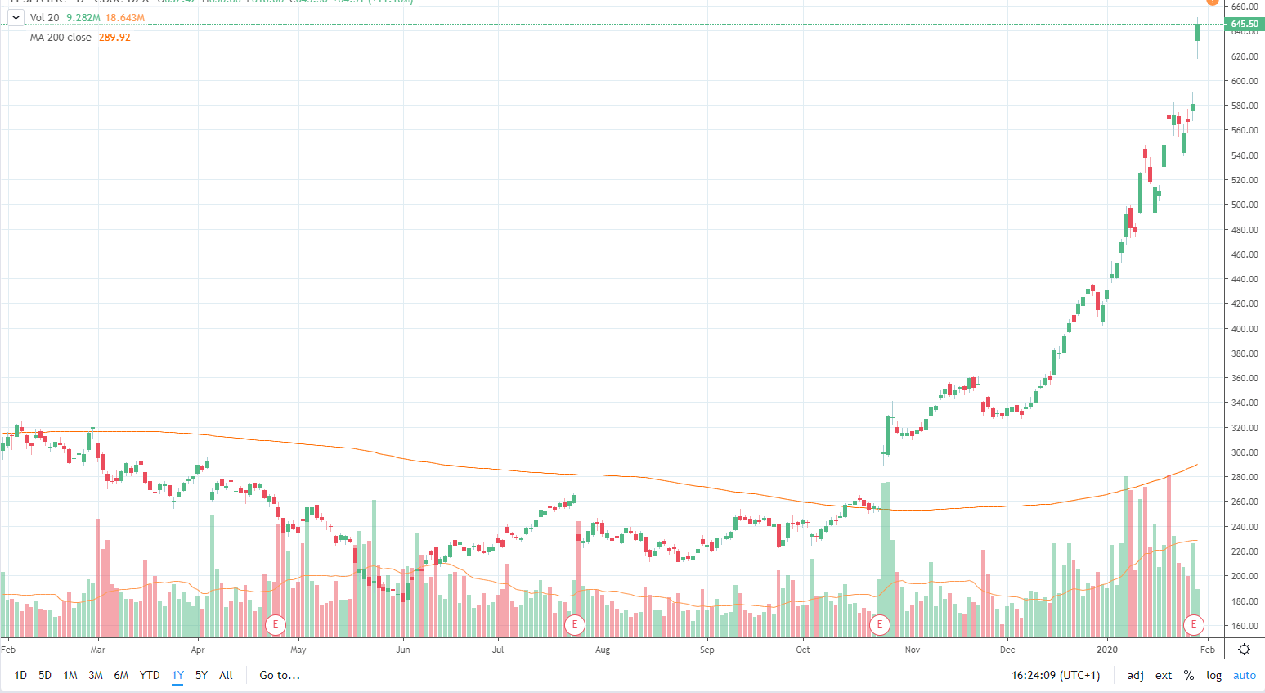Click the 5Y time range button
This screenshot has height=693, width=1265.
[x=201, y=675]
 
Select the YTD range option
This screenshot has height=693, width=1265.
[x=150, y=675]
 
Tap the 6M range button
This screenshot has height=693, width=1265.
[x=121, y=675]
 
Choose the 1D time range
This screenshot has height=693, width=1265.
[x=20, y=675]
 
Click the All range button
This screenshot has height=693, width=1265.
[x=227, y=675]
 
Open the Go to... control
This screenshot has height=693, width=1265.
[x=280, y=675]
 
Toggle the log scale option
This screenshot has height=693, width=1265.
[x=1213, y=675]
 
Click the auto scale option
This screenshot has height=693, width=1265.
[x=1245, y=675]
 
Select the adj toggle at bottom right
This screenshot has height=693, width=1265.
[x=1136, y=675]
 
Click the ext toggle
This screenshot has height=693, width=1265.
[x=1164, y=675]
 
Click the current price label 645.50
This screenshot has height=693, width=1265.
[x=1245, y=25]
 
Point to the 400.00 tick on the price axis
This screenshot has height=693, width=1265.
[x=1245, y=329]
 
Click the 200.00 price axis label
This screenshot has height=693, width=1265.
[x=1245, y=576]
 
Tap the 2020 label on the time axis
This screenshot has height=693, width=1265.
[x=1107, y=650]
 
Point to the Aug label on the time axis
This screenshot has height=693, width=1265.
[x=603, y=650]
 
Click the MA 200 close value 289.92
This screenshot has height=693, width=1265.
[x=114, y=38]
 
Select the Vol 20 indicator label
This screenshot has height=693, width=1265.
[x=44, y=17]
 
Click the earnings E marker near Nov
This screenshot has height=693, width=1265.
[x=880, y=625]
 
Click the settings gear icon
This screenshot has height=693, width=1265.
[x=1244, y=650]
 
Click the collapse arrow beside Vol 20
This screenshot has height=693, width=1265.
[x=16, y=17]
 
